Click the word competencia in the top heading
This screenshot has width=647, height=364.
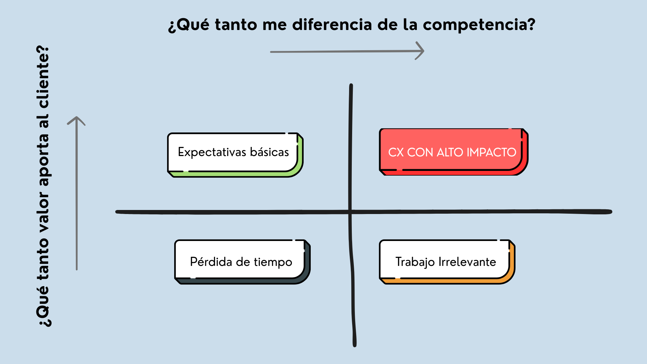tap(479, 25)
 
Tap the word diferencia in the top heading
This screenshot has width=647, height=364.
tap(332, 24)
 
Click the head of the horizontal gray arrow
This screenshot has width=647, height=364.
tap(420, 51)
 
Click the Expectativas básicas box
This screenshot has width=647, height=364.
tap(235, 155)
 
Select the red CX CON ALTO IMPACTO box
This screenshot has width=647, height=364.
tap(454, 152)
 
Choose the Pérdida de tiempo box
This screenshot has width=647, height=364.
tap(242, 262)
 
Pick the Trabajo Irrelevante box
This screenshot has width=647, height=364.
tap(447, 262)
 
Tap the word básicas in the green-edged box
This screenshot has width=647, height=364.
tap(270, 152)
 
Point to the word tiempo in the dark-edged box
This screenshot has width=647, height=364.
tap(273, 262)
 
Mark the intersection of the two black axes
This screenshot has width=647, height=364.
tap(350, 212)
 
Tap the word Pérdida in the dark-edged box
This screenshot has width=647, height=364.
tap(211, 262)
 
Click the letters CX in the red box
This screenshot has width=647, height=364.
tap(396, 152)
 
